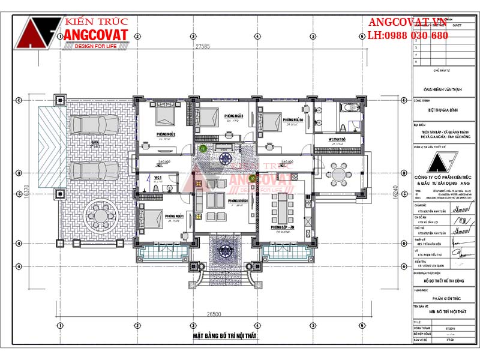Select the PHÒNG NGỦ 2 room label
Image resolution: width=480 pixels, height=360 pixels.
(x=166, y=134)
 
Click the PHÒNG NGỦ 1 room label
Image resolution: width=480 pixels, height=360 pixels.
(x=174, y=215)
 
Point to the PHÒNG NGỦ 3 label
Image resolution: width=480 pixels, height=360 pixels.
(x=233, y=115)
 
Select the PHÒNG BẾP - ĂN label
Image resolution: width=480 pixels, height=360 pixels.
(x=283, y=228)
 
